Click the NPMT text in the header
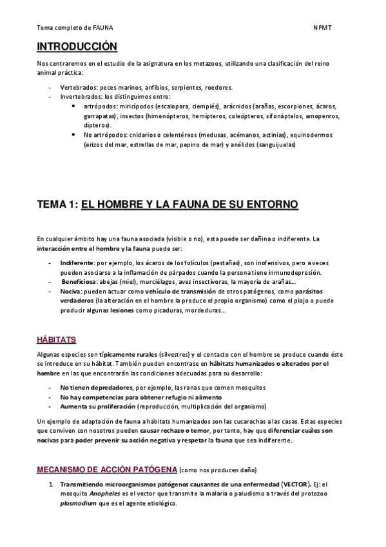[x=322, y=28]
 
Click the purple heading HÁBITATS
[x=56, y=339]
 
